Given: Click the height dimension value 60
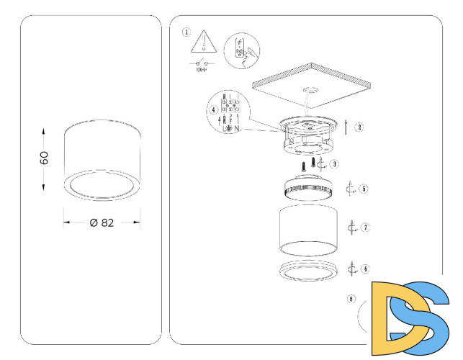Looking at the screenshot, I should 44,159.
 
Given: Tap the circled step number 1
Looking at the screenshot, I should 187,32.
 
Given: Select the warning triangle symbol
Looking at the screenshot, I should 204,42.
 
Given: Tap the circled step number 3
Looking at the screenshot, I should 336,164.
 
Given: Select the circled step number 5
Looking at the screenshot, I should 364,189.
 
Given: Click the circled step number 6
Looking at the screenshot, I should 366,269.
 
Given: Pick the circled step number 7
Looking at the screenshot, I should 366,228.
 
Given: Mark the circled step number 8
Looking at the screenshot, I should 351,298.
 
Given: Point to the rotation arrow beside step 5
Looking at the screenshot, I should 351,189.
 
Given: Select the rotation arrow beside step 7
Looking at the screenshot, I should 352,228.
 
